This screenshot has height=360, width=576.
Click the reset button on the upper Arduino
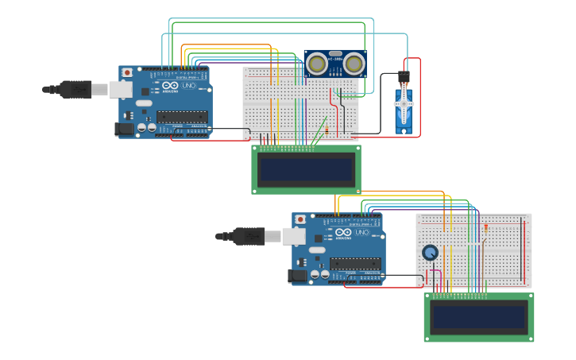click(127, 72)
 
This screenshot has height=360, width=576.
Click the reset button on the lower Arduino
click(300, 219)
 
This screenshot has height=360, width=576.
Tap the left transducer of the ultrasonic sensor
click(317, 63)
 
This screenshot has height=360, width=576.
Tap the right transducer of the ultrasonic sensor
click(353, 63)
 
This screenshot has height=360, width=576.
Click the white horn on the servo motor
click(404, 103)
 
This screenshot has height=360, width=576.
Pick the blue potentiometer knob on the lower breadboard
click(430, 253)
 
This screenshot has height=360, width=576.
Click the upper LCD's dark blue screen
click(307, 168)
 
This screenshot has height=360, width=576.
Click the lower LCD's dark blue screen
click(478, 318)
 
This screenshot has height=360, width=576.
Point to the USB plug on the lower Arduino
click(249, 236)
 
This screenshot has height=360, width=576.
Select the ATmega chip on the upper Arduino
click(182, 117)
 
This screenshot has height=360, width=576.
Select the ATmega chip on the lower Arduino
click(355, 263)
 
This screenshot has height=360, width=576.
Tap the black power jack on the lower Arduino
click(297, 275)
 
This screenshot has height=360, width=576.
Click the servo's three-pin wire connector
click(404, 77)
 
